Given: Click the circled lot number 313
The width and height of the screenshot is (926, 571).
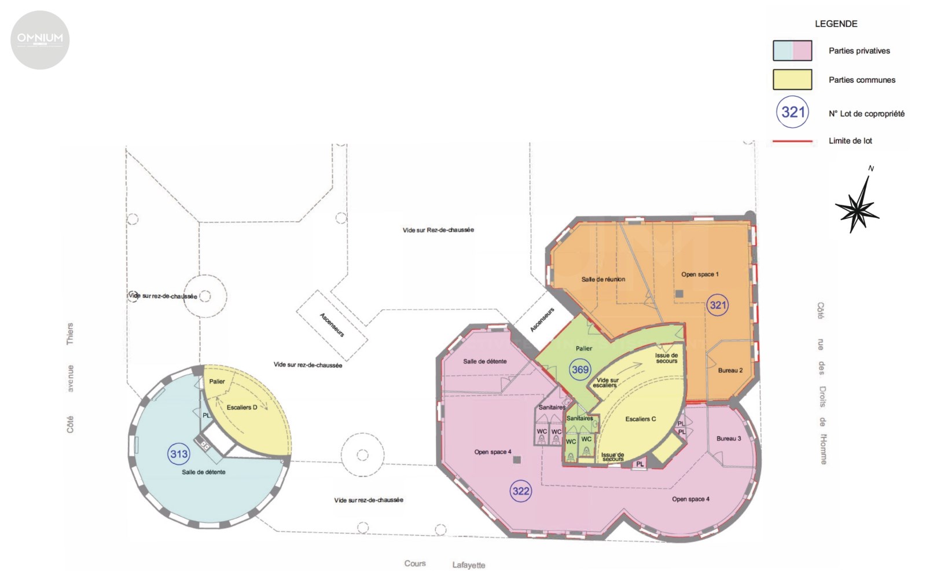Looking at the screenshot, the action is (x=179, y=454).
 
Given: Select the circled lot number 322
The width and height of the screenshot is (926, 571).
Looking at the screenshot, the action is (x=520, y=491).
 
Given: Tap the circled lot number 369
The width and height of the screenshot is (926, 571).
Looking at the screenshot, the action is (x=580, y=369).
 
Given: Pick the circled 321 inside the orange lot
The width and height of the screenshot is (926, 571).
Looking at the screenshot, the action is (x=717, y=305).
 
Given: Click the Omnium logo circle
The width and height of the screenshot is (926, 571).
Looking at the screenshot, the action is (x=40, y=40).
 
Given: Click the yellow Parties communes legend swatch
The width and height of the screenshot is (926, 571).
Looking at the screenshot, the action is (x=792, y=79).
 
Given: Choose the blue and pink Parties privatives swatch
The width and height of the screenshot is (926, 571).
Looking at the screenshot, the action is (x=792, y=50).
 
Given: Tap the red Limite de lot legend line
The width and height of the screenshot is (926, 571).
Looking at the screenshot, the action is (x=792, y=141).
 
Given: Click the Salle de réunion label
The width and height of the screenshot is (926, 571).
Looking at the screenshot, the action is (x=603, y=279).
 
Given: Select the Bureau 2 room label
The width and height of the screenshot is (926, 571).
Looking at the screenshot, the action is (x=730, y=370).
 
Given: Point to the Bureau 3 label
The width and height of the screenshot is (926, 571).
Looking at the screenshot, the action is (x=729, y=438).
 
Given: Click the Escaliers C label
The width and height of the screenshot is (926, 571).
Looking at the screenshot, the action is (x=640, y=419).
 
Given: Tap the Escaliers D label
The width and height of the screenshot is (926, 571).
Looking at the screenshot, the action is (x=242, y=407).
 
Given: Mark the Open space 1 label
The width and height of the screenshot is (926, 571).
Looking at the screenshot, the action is (x=700, y=274).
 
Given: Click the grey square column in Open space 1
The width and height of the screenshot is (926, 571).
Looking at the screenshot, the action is (x=679, y=294).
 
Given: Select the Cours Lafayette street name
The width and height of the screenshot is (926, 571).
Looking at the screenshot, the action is (x=445, y=565).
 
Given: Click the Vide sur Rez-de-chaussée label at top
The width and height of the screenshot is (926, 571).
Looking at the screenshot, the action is (x=438, y=230).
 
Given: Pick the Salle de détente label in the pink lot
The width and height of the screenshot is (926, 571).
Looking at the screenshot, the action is (x=484, y=361).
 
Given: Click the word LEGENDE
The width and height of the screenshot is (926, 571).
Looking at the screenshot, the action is (x=836, y=24).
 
